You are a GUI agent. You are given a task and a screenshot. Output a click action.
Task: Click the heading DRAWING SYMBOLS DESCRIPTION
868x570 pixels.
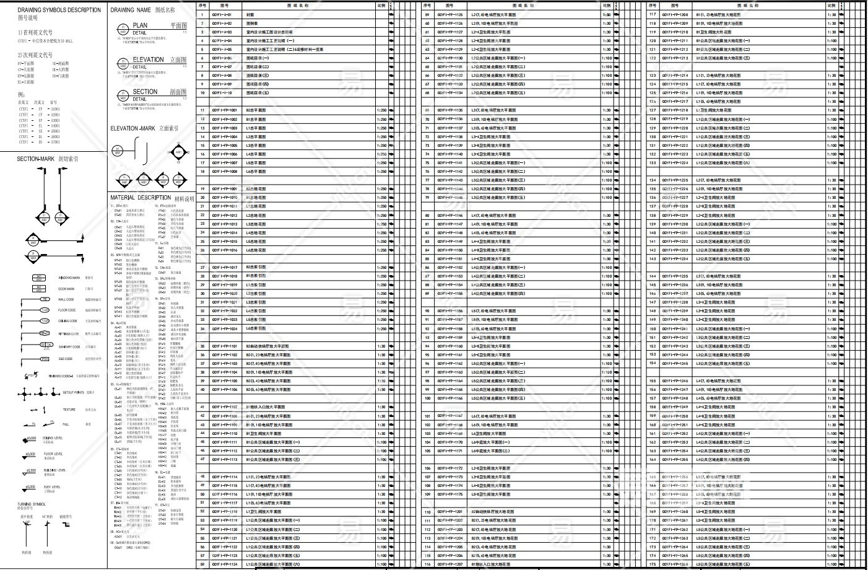pos(59,10)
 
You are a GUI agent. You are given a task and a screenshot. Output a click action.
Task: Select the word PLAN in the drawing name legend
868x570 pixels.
pos(140,25)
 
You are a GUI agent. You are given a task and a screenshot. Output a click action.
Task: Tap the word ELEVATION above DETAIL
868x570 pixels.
pos(148,59)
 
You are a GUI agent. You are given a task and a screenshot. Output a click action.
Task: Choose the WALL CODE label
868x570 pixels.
pos(66,300)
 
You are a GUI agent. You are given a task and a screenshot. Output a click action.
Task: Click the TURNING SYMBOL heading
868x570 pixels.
pos(32,504)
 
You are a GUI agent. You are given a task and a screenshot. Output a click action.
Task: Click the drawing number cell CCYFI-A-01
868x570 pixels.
pos(221,14)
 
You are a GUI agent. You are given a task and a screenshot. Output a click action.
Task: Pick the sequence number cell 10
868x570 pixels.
pos(202,93)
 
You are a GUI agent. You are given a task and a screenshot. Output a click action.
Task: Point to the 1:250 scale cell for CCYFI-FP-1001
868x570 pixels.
pos(381,110)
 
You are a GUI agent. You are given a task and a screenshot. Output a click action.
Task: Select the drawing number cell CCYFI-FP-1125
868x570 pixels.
pos(449,14)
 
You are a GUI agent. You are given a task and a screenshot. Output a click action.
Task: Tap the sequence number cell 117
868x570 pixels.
pos(653,14)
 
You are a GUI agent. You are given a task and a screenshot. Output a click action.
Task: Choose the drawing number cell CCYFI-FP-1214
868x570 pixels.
pos(675,76)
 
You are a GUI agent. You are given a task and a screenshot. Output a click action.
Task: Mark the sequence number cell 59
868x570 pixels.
pos(427,14)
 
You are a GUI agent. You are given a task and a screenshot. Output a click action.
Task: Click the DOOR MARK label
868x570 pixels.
pos(66,289)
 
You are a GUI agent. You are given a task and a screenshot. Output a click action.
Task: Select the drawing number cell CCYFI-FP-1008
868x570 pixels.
pos(224,172)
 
